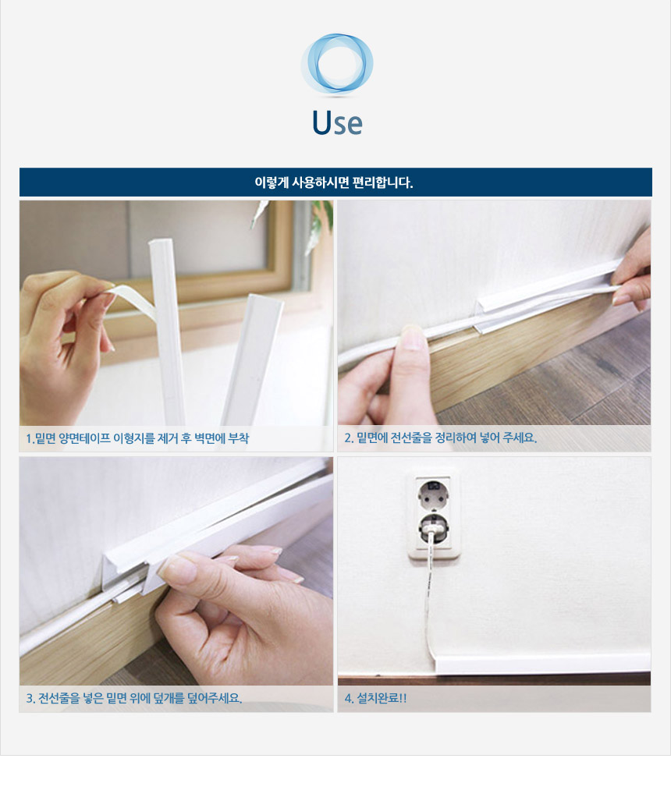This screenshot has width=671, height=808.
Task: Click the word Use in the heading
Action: tap(337, 122)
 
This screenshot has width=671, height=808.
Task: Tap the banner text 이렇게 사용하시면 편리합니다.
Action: tap(334, 183)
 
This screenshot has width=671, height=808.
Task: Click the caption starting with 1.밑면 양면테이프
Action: tap(137, 438)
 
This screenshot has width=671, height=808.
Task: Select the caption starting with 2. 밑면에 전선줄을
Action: tap(441, 438)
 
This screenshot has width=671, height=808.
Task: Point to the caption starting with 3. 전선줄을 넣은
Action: tap(134, 698)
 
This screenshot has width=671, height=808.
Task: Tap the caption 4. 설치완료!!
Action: tap(376, 698)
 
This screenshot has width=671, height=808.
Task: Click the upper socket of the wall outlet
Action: tap(433, 491)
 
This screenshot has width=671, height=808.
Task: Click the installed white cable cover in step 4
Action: tap(541, 663)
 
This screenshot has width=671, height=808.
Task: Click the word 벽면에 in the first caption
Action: tap(210, 438)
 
